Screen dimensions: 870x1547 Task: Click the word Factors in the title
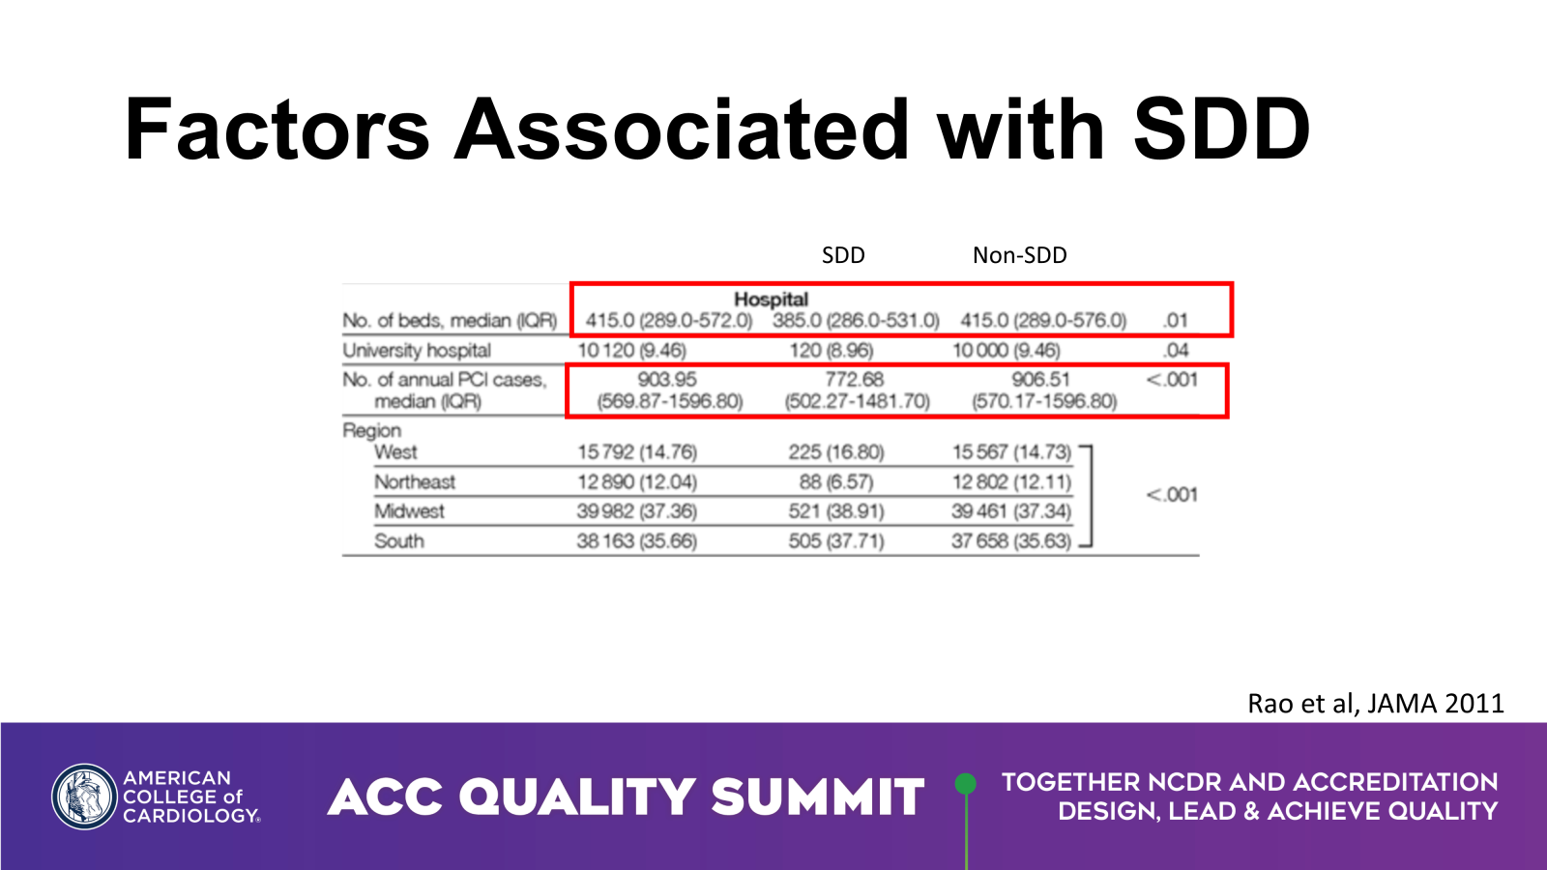pos(277,130)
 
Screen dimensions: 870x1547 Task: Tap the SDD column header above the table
pos(843,255)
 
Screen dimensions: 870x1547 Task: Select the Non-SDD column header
pos(1019,255)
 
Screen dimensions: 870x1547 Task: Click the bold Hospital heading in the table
pos(771,299)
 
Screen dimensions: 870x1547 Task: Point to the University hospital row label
pos(417,350)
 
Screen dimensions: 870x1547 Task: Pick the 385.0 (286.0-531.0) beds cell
pos(856,320)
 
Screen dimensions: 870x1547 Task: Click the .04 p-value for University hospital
pos(1176,350)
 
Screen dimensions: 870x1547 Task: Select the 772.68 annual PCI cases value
pos(854,379)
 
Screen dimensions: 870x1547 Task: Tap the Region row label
pos(371,430)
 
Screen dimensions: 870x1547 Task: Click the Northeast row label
pos(415,481)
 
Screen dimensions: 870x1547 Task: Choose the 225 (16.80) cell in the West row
pos(835,452)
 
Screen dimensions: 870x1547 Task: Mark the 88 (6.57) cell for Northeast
pos(835,481)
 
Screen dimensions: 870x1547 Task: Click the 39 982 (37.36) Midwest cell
pos(636,511)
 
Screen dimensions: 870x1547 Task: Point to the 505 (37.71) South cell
pos(835,540)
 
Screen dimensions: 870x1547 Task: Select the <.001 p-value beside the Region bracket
pos(1172,495)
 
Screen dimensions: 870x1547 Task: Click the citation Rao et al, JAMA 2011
pos(1375,703)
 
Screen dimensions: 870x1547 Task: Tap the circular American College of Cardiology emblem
pos(84,797)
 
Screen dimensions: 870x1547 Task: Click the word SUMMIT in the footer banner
pos(817,797)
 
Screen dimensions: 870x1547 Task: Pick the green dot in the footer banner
pos(965,783)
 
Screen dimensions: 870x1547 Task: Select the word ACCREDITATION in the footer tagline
pos(1395,782)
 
